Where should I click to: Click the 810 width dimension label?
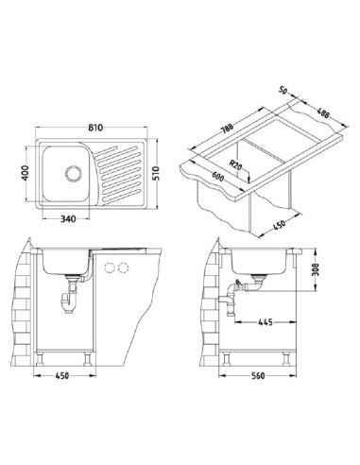coord(95,128)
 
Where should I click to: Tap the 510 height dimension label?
coord(156,173)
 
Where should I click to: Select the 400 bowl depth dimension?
coord(25,173)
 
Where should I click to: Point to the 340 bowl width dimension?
coord(68,218)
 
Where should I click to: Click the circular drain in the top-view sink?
coord(74,173)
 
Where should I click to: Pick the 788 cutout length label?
coord(227,129)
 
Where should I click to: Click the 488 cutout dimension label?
coord(323,112)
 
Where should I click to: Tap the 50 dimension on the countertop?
coord(283,91)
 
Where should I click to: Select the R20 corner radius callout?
coord(235,165)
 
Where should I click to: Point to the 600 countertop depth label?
coord(217,177)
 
